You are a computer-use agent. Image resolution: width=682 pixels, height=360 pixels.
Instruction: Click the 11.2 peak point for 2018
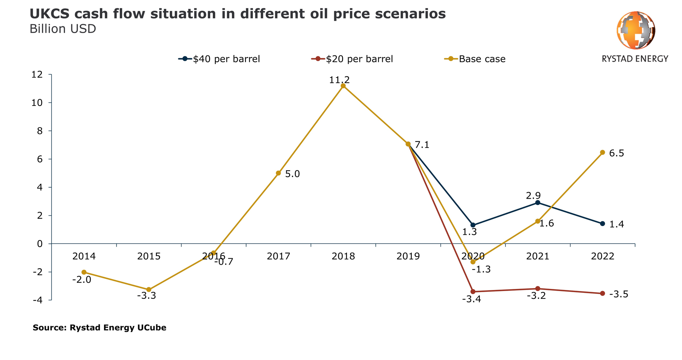[343, 86]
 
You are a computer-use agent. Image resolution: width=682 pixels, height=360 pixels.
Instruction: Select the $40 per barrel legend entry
[220, 59]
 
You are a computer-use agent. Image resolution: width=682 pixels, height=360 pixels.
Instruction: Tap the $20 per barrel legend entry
[352, 59]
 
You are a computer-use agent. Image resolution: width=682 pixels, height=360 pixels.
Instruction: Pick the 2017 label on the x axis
[278, 257]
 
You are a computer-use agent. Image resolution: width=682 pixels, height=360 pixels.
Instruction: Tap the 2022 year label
[602, 257]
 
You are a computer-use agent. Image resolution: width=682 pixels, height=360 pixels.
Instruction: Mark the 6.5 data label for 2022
[617, 154]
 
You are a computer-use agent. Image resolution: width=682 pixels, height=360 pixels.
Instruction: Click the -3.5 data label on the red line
[618, 294]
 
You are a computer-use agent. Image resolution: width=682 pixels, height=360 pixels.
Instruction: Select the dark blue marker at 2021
[538, 203]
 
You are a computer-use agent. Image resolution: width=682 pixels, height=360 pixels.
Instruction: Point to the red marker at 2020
[473, 292]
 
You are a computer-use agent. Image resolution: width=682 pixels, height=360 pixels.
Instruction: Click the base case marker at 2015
[149, 290]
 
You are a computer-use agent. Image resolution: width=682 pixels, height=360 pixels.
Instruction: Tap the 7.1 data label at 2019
[422, 145]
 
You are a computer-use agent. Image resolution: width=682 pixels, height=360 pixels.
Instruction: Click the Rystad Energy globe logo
[635, 31]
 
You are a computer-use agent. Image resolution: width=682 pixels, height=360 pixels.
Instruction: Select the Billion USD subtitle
[63, 29]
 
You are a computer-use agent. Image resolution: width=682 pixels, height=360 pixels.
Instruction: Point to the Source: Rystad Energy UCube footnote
[99, 328]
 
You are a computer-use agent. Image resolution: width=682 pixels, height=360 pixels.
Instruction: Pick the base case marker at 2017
[278, 173]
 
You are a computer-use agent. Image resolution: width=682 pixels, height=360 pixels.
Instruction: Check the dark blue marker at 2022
[602, 224]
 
